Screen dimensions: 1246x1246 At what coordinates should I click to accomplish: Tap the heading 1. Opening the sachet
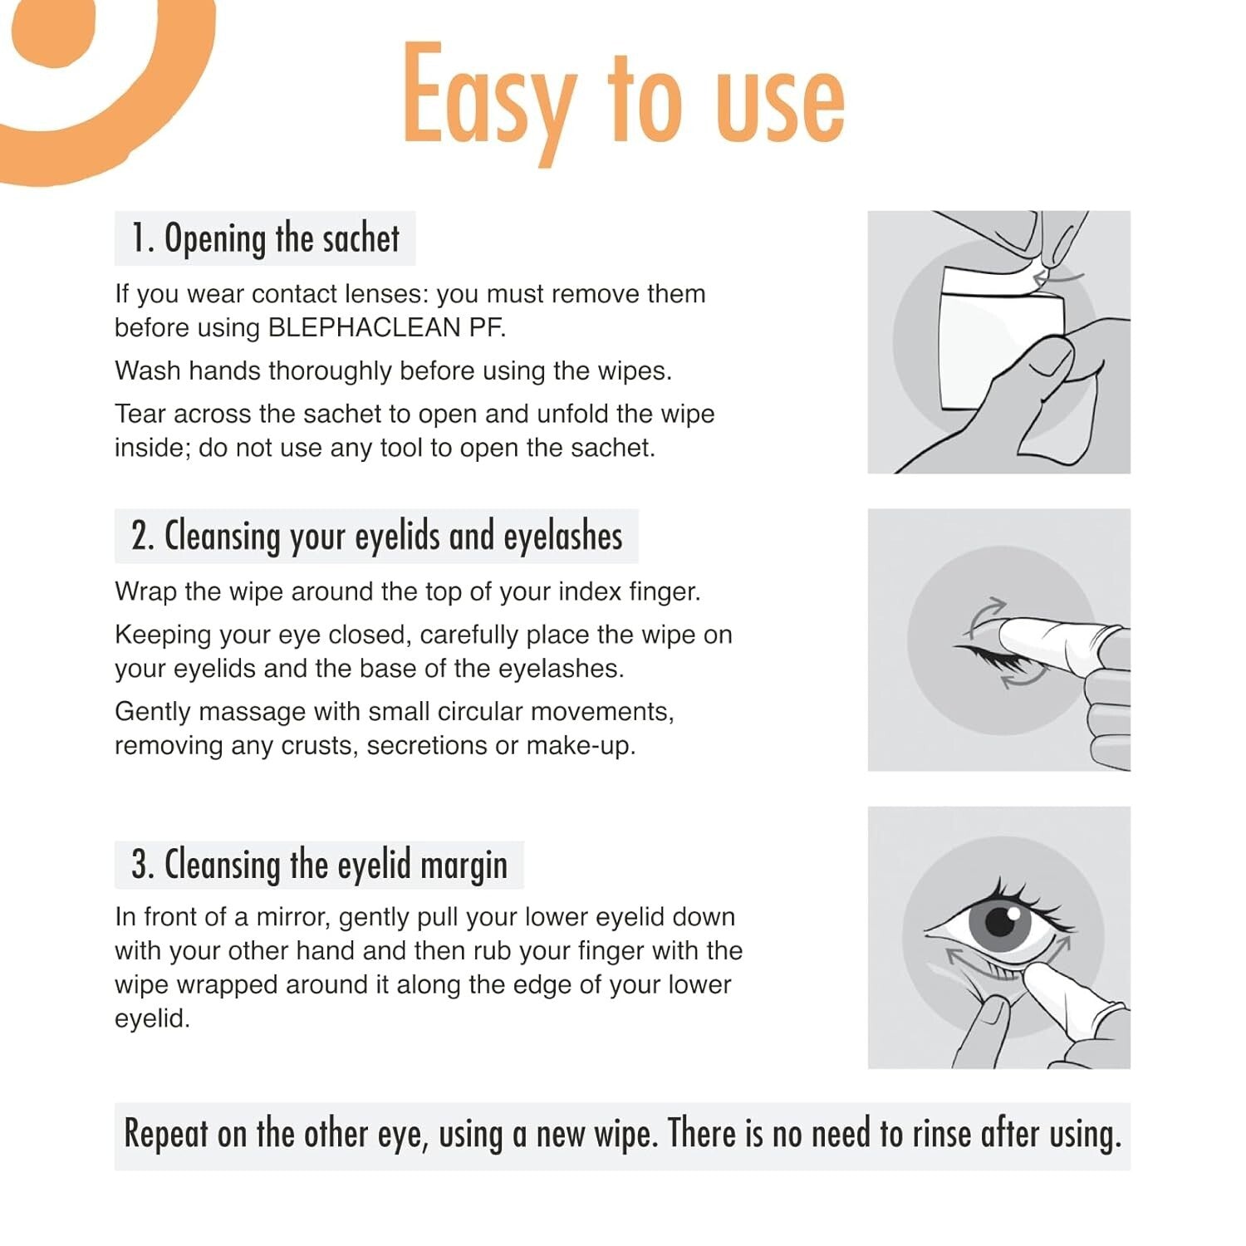(265, 238)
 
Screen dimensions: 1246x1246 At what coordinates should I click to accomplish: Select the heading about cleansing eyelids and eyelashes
(376, 536)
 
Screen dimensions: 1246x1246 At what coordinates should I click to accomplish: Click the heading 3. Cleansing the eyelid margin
(319, 865)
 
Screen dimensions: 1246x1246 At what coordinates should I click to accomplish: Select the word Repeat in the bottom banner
(165, 1135)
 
